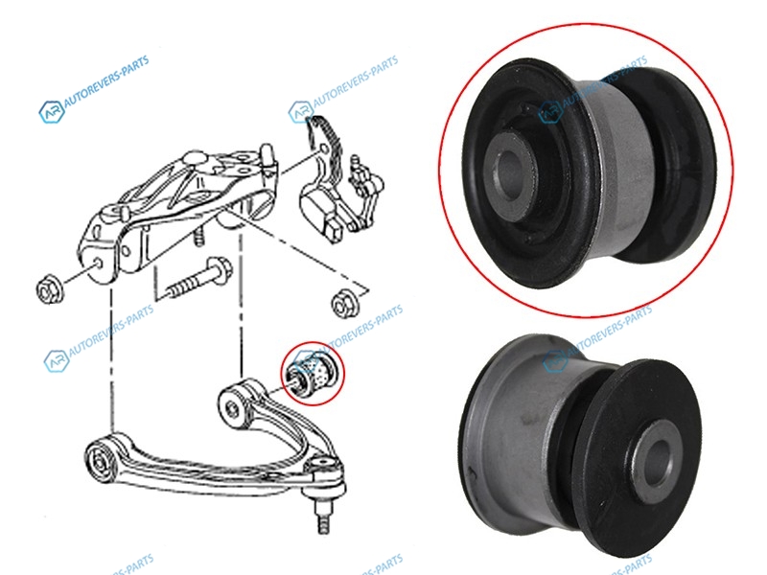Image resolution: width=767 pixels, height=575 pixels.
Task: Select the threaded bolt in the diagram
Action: tap(199, 279)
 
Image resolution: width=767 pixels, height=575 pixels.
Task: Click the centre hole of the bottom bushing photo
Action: tap(657, 463)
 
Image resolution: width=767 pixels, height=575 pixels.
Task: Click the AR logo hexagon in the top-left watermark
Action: tap(52, 111)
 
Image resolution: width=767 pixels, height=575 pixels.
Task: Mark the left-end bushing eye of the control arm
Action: tap(102, 461)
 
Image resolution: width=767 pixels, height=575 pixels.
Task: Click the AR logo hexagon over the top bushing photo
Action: tap(550, 111)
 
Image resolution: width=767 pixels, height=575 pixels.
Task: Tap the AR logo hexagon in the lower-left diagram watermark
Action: tap(57, 361)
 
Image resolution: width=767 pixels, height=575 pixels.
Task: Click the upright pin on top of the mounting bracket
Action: tap(267, 156)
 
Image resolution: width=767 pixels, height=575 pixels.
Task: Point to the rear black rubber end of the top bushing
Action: tap(680, 164)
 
